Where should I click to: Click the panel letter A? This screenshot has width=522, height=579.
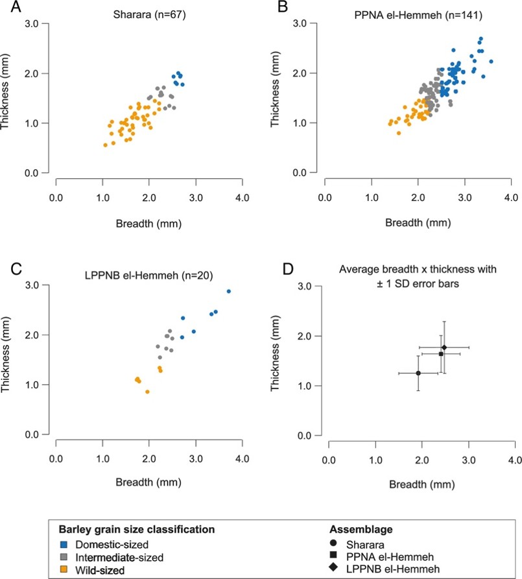(16, 6)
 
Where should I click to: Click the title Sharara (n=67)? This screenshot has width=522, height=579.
(149, 15)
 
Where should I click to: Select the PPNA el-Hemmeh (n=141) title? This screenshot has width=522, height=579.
(418, 15)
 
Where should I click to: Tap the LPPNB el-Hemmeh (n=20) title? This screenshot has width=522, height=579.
(149, 276)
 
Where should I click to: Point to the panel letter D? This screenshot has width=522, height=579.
(288, 269)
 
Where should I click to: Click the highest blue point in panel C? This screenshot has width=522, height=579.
(229, 291)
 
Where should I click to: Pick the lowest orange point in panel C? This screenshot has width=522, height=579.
(147, 392)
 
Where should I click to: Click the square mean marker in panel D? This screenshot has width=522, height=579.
(441, 354)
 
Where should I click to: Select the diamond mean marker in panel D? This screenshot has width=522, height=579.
(444, 348)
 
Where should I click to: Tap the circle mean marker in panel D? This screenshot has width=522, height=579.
(418, 373)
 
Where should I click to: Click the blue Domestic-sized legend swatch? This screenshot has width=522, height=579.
(64, 545)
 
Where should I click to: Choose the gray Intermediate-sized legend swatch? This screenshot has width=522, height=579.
(64, 557)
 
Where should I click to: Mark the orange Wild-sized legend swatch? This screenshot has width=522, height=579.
(64, 570)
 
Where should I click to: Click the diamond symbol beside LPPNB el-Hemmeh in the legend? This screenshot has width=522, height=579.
(333, 567)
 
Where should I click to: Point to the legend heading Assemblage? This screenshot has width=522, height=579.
(361, 530)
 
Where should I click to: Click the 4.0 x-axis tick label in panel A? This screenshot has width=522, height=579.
(243, 198)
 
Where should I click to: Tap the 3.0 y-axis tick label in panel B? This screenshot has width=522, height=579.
(300, 23)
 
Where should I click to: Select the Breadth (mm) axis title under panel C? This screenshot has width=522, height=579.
(148, 482)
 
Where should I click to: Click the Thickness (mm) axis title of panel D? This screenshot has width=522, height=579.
(275, 353)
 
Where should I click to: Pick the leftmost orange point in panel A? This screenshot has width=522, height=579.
(105, 145)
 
